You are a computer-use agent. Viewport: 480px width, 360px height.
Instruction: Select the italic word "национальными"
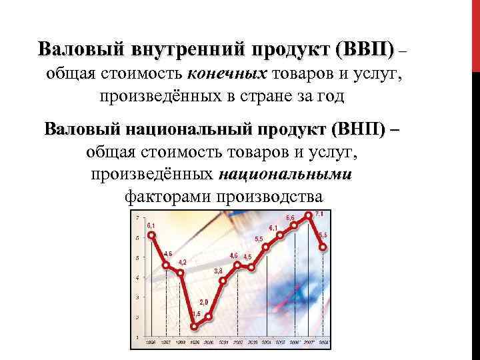(285, 175)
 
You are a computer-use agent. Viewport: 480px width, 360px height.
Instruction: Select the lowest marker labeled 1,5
(194, 325)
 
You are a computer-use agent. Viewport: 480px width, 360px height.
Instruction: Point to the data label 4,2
(182, 262)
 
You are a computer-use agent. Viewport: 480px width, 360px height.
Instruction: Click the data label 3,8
(219, 271)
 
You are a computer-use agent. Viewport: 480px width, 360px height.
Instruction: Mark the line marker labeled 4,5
(251, 267)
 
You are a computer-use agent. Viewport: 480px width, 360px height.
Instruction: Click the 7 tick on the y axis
(138, 218)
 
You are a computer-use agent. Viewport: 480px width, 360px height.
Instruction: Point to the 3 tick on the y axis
(137, 297)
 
